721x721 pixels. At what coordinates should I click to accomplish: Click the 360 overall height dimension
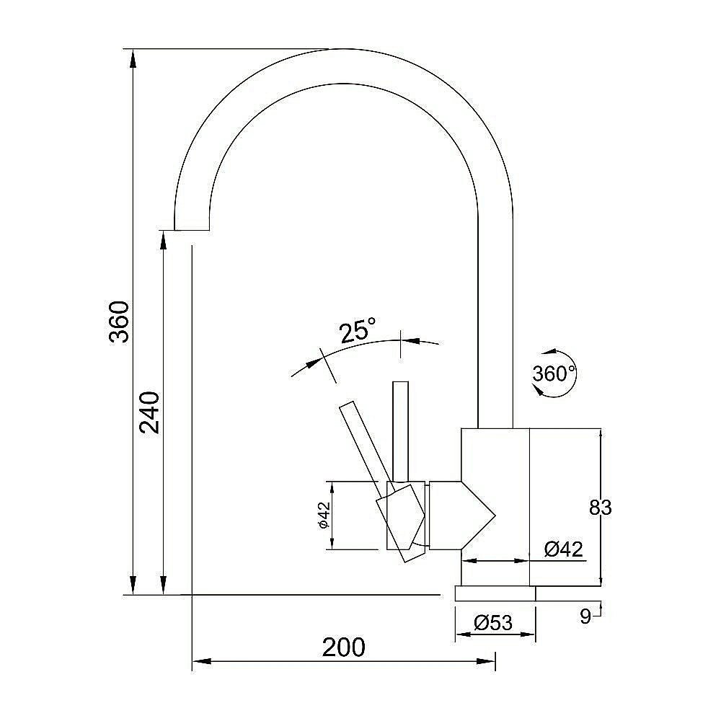point(119,322)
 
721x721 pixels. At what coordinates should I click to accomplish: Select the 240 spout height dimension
point(149,412)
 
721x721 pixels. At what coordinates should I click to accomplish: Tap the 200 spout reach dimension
point(343,647)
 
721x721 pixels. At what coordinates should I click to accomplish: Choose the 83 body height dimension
point(600,508)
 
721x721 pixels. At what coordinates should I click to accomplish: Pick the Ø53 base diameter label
point(493,623)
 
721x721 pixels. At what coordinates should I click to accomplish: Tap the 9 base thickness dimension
point(585,616)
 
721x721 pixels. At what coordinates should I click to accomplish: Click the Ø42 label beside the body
point(564,549)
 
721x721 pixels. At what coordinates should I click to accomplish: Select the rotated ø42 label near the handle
point(324,515)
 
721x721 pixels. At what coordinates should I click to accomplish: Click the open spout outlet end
point(192,229)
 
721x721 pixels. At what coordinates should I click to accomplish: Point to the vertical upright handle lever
point(400,431)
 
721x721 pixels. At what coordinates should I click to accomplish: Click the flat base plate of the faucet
point(495,593)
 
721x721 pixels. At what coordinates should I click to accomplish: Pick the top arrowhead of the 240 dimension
point(163,239)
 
